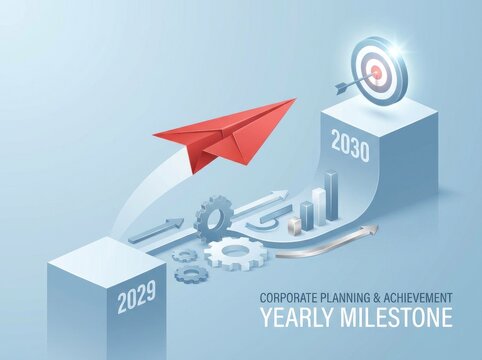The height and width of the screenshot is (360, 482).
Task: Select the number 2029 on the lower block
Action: click(136, 298)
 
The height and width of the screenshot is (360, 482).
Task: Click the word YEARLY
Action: click(299, 319)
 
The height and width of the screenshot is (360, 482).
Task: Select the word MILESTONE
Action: click(396, 319)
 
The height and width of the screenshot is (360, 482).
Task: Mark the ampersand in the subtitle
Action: click(384, 298)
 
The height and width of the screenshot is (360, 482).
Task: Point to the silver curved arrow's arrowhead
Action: click(371, 230)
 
